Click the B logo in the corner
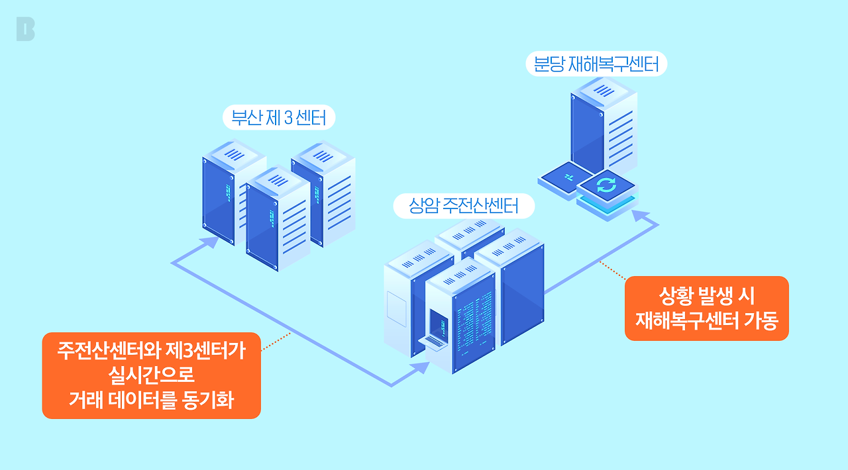pos(25,29)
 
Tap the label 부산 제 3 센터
pos(279,118)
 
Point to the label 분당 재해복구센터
pos(596,64)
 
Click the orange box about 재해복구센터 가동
pos(707,308)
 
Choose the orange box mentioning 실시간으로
pos(152,375)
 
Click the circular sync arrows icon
pos(606,185)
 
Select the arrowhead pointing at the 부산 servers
pos(209,242)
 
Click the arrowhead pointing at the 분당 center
pos(641,216)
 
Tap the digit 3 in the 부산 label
pos(288,118)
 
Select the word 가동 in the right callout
pos(761,320)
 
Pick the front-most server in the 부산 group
pos(278,218)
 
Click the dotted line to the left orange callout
pos(276,342)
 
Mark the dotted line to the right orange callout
pos(613,271)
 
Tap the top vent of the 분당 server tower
pos(604,91)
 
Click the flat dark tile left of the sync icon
pos(566,177)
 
